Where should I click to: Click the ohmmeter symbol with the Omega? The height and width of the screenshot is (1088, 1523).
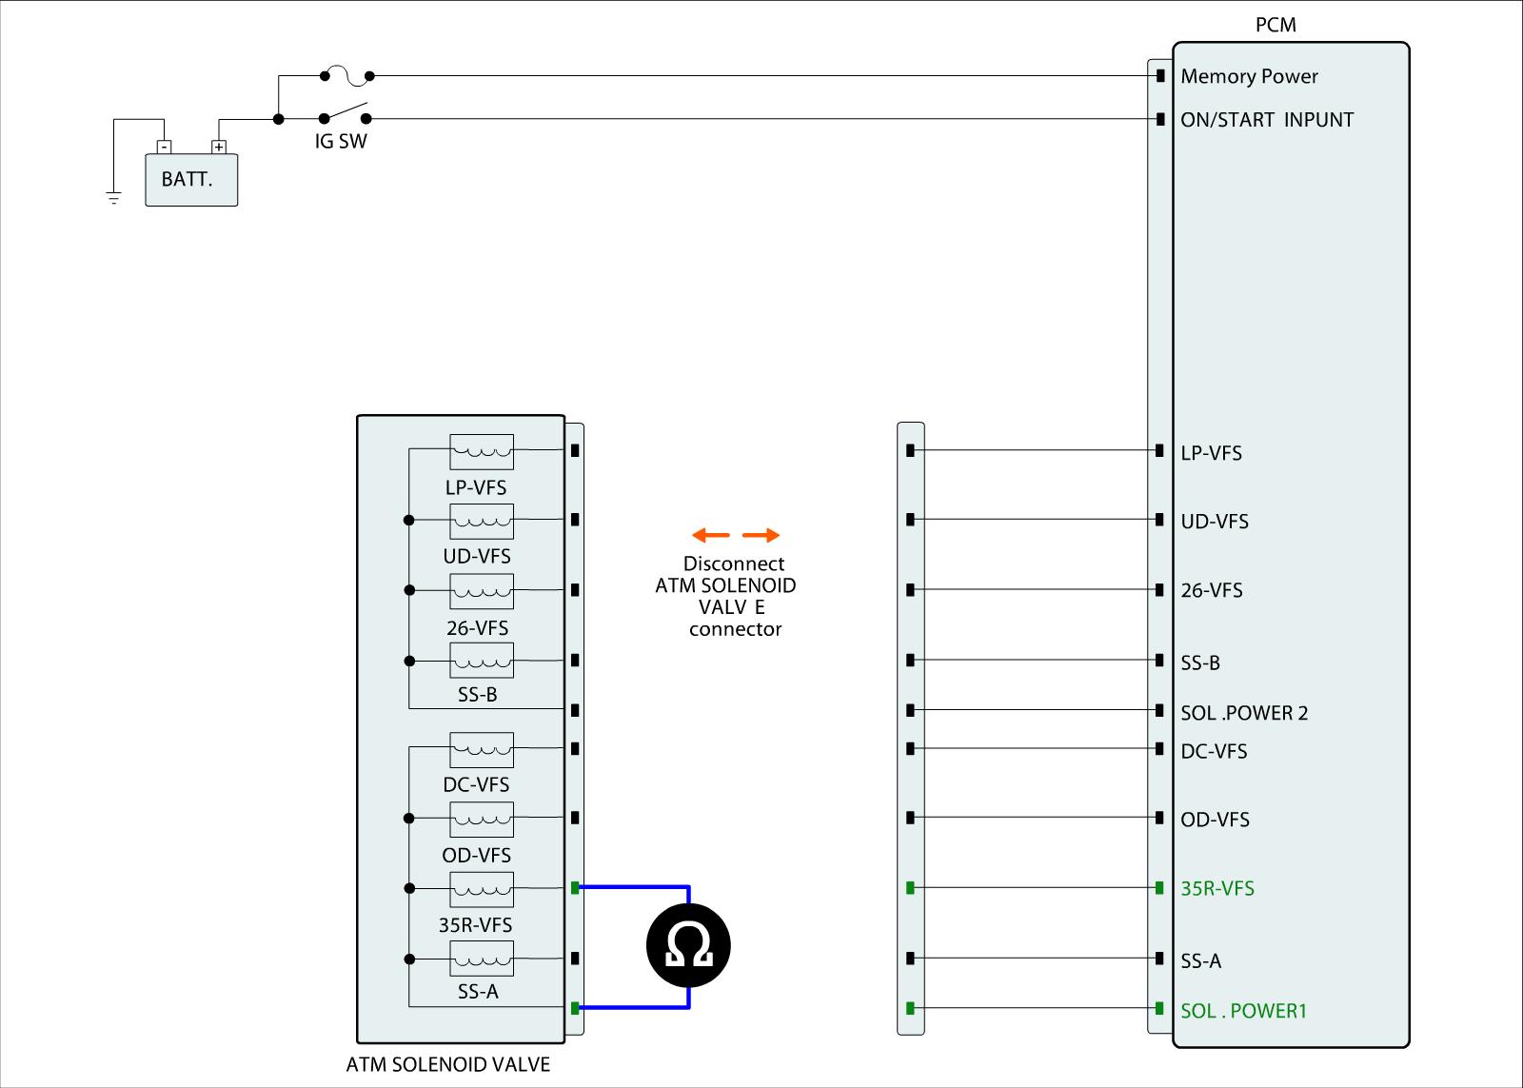tap(688, 946)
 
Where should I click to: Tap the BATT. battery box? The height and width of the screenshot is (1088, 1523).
tap(190, 180)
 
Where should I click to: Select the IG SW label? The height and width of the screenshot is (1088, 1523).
tap(341, 143)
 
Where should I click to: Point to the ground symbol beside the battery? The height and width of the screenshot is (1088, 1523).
tap(114, 199)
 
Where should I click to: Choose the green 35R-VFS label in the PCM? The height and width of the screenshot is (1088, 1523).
tap(1217, 888)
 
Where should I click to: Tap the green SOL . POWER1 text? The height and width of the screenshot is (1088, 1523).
tap(1243, 1010)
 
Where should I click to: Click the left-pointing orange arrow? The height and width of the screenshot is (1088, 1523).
tap(710, 535)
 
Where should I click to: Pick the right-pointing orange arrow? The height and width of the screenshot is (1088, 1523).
tap(761, 535)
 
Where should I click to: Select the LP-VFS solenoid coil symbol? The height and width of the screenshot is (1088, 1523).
tap(482, 451)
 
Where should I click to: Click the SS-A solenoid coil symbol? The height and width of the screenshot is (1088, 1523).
tap(482, 958)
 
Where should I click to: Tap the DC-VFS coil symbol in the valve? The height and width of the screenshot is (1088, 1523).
tap(482, 749)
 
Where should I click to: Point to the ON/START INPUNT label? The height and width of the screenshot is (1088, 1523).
tap(1267, 120)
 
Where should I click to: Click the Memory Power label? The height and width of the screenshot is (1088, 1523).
tap(1249, 76)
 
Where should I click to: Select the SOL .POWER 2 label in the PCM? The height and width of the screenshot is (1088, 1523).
tap(1244, 713)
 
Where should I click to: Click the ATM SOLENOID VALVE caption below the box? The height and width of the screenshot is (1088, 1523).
tap(447, 1064)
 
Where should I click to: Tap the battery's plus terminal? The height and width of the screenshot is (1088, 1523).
tap(219, 147)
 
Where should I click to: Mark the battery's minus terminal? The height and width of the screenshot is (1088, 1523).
tap(165, 147)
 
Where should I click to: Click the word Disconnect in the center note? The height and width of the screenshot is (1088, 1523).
tap(734, 564)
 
